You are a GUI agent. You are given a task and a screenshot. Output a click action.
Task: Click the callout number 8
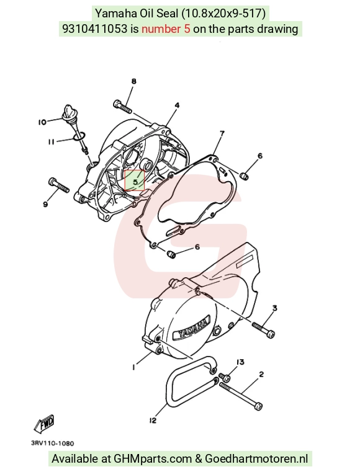(133, 81)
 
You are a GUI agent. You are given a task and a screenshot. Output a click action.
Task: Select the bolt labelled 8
(122, 106)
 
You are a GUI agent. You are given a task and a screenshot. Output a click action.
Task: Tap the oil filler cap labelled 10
(67, 113)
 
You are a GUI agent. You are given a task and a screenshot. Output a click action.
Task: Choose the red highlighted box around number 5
(135, 180)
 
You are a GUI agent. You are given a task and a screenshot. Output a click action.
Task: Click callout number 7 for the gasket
(222, 133)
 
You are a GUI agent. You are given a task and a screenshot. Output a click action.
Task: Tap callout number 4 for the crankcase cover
(178, 105)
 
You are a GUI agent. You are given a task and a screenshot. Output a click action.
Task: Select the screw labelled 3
(263, 329)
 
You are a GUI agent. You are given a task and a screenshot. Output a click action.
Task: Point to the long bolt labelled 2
(241, 396)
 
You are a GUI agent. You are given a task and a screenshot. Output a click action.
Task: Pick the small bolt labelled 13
(225, 376)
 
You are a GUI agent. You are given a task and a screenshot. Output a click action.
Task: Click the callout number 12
(153, 421)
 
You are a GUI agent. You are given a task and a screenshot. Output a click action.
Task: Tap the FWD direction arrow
(44, 423)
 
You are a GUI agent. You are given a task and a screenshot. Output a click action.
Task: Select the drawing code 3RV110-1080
(52, 443)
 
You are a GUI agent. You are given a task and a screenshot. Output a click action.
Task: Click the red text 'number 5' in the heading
(166, 29)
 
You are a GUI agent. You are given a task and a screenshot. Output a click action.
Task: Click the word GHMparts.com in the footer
(153, 459)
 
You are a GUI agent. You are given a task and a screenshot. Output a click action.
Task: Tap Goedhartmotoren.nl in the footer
(257, 459)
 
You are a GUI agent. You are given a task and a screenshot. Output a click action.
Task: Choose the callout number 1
(133, 367)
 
